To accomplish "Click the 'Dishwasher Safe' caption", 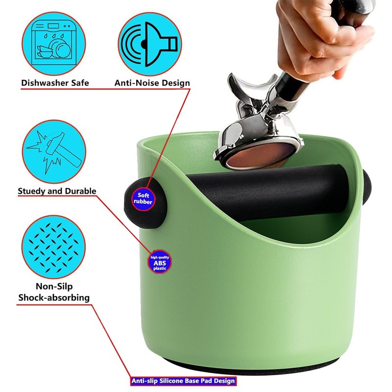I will click(55, 83).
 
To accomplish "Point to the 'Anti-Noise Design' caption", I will click(152, 83).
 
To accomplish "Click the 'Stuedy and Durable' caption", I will click(57, 191).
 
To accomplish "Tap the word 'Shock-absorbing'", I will click(54, 297).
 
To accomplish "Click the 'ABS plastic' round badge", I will click(160, 263).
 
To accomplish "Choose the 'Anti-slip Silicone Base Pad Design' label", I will click(183, 380).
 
